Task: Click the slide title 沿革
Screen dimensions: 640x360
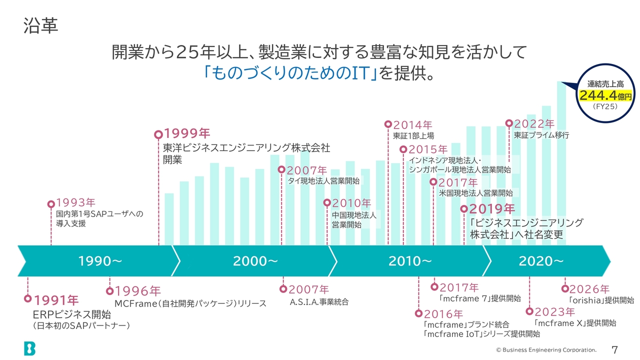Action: click(41, 25)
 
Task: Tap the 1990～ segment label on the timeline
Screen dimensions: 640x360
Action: click(100, 261)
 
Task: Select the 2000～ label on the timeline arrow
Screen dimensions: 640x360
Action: click(255, 261)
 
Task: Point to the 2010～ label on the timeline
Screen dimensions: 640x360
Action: click(410, 261)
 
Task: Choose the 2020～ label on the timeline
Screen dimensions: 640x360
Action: click(541, 261)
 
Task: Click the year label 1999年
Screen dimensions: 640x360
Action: click(187, 133)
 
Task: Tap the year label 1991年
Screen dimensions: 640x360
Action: click(56, 300)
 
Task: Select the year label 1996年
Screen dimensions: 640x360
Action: click(137, 291)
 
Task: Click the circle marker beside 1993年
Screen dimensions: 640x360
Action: click(51, 204)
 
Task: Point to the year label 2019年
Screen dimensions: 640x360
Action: click(492, 209)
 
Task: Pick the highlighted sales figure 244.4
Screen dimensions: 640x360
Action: click(598, 95)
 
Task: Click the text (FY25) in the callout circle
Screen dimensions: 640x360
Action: click(605, 106)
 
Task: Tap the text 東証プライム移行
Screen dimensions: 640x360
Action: click(541, 135)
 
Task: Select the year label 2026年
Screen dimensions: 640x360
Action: click(589, 289)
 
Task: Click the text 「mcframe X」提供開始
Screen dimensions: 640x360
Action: click(575, 323)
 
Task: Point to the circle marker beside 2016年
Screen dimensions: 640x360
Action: click(418, 313)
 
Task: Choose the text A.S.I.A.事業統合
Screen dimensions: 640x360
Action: click(319, 302)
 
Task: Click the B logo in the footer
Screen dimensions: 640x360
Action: click(29, 348)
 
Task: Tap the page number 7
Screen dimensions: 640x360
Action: click(614, 349)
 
